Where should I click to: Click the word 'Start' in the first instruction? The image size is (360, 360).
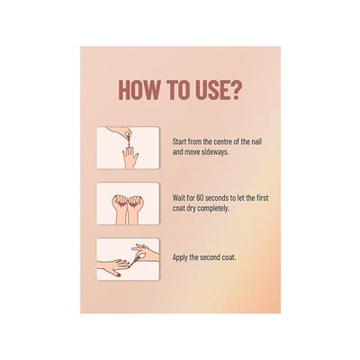(x=178, y=141)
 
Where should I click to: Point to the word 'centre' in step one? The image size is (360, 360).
(x=223, y=141)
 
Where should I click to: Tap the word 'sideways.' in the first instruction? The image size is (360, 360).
(x=218, y=152)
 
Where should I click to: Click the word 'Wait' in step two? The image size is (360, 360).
(x=178, y=198)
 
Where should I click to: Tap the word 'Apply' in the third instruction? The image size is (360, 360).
(x=179, y=257)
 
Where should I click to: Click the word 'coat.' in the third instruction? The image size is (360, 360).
(x=229, y=257)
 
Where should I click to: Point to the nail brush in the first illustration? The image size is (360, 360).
(x=128, y=142)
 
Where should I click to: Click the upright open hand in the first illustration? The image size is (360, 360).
(x=130, y=157)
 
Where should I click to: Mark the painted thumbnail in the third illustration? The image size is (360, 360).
(x=119, y=274)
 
